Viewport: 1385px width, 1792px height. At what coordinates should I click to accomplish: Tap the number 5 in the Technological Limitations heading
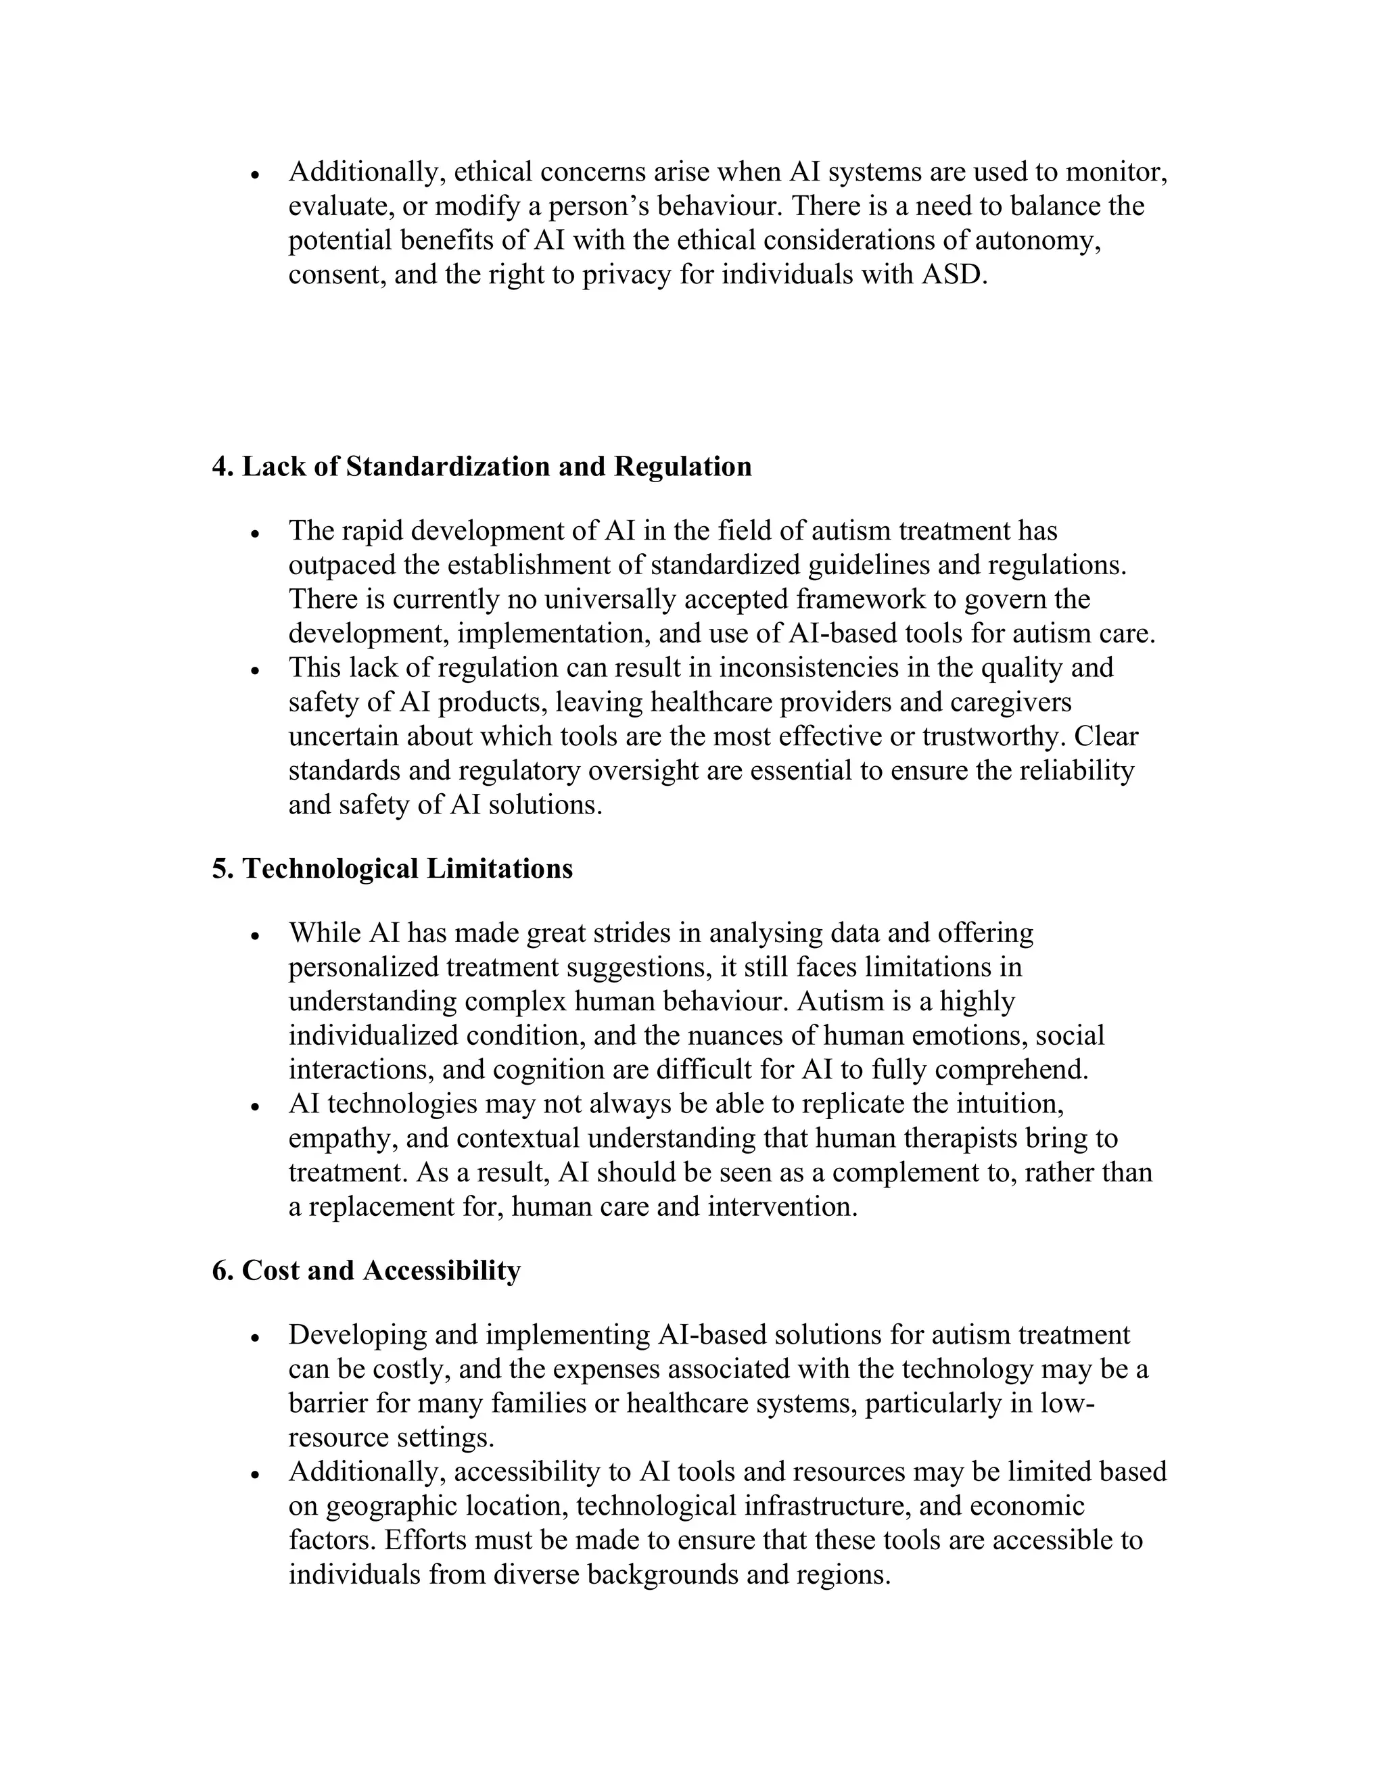(218, 868)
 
